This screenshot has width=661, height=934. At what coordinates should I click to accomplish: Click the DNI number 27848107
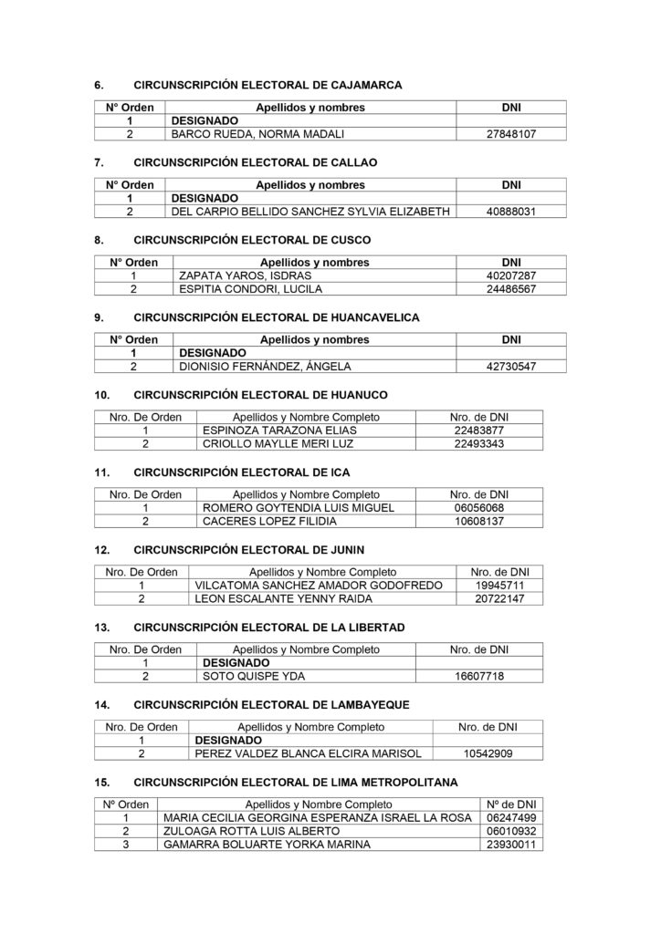[x=511, y=133]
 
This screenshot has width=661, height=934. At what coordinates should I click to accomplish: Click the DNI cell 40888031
[x=511, y=212]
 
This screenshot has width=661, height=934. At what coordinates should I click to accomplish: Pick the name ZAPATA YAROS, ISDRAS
[x=245, y=275]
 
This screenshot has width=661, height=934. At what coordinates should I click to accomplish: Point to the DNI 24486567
[x=511, y=289]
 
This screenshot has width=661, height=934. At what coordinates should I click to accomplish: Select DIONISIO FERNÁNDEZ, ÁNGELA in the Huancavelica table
[x=265, y=367]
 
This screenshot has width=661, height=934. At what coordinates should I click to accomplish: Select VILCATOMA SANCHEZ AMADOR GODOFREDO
[x=320, y=586]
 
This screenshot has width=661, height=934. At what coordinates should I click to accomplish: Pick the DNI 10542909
[x=488, y=754]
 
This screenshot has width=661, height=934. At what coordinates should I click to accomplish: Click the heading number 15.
[x=102, y=783]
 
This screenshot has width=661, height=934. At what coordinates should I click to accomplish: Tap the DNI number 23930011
[x=510, y=845]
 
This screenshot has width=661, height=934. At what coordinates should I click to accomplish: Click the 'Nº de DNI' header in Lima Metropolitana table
[x=510, y=804]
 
